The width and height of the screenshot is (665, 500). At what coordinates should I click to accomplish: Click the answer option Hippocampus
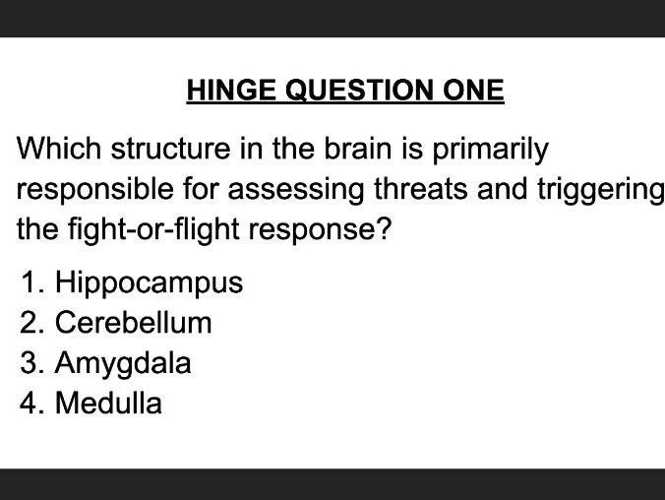[149, 283]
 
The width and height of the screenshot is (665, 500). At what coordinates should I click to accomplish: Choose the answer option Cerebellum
[133, 323]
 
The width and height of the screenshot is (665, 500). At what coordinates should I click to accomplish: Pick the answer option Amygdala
[123, 363]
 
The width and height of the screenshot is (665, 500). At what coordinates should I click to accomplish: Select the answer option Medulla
[108, 403]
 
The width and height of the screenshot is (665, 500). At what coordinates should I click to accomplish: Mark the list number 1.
[30, 283]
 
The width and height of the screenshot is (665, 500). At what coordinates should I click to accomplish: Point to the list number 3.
[30, 363]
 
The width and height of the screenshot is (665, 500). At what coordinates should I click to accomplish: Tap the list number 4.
[30, 403]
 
